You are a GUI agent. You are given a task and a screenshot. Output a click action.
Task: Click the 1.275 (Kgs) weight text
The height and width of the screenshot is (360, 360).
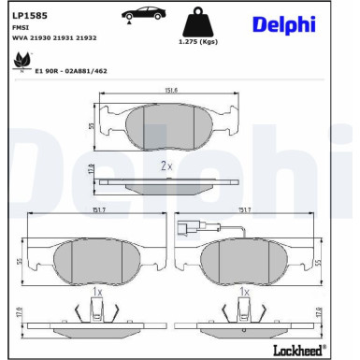click(198, 43)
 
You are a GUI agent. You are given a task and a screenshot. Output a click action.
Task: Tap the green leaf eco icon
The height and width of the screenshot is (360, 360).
click(18, 63)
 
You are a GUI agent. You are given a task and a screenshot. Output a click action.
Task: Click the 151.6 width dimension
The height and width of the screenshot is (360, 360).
click(170, 91)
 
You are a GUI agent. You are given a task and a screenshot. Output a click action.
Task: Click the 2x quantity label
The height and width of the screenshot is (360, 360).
click(166, 166)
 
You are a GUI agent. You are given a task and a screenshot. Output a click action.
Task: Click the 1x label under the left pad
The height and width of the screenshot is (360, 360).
click(95, 293)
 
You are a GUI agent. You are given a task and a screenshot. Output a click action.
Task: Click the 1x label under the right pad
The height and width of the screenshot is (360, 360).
click(245, 293)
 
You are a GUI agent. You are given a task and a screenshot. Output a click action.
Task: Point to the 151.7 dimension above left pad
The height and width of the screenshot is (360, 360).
click(95, 210)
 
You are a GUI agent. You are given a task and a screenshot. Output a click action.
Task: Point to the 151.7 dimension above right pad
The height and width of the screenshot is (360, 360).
click(246, 210)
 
